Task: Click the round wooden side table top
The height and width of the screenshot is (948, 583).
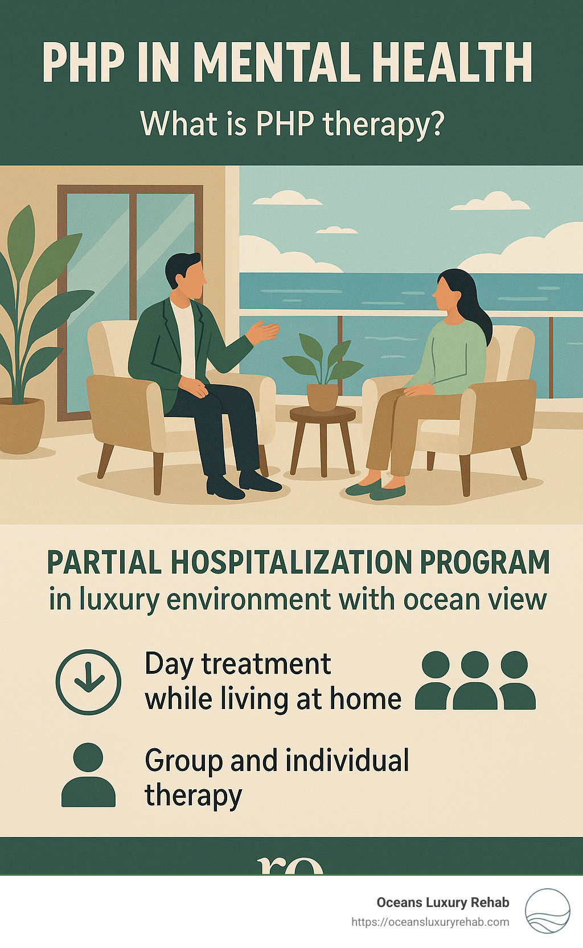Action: coord(322,414)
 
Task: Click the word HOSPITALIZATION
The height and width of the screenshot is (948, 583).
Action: coord(291,562)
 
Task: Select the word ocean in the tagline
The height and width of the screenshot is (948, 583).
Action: coord(438,599)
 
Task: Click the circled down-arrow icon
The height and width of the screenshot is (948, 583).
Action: coord(88,682)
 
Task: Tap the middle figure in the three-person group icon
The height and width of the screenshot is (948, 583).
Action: coord(475,681)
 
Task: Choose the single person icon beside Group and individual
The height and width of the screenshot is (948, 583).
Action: coord(88,775)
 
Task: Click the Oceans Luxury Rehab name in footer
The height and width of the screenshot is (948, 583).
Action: coord(442,902)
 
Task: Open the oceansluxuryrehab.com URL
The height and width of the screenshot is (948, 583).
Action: coord(430,922)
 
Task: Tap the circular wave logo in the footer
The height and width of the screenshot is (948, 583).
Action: coord(547,910)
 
